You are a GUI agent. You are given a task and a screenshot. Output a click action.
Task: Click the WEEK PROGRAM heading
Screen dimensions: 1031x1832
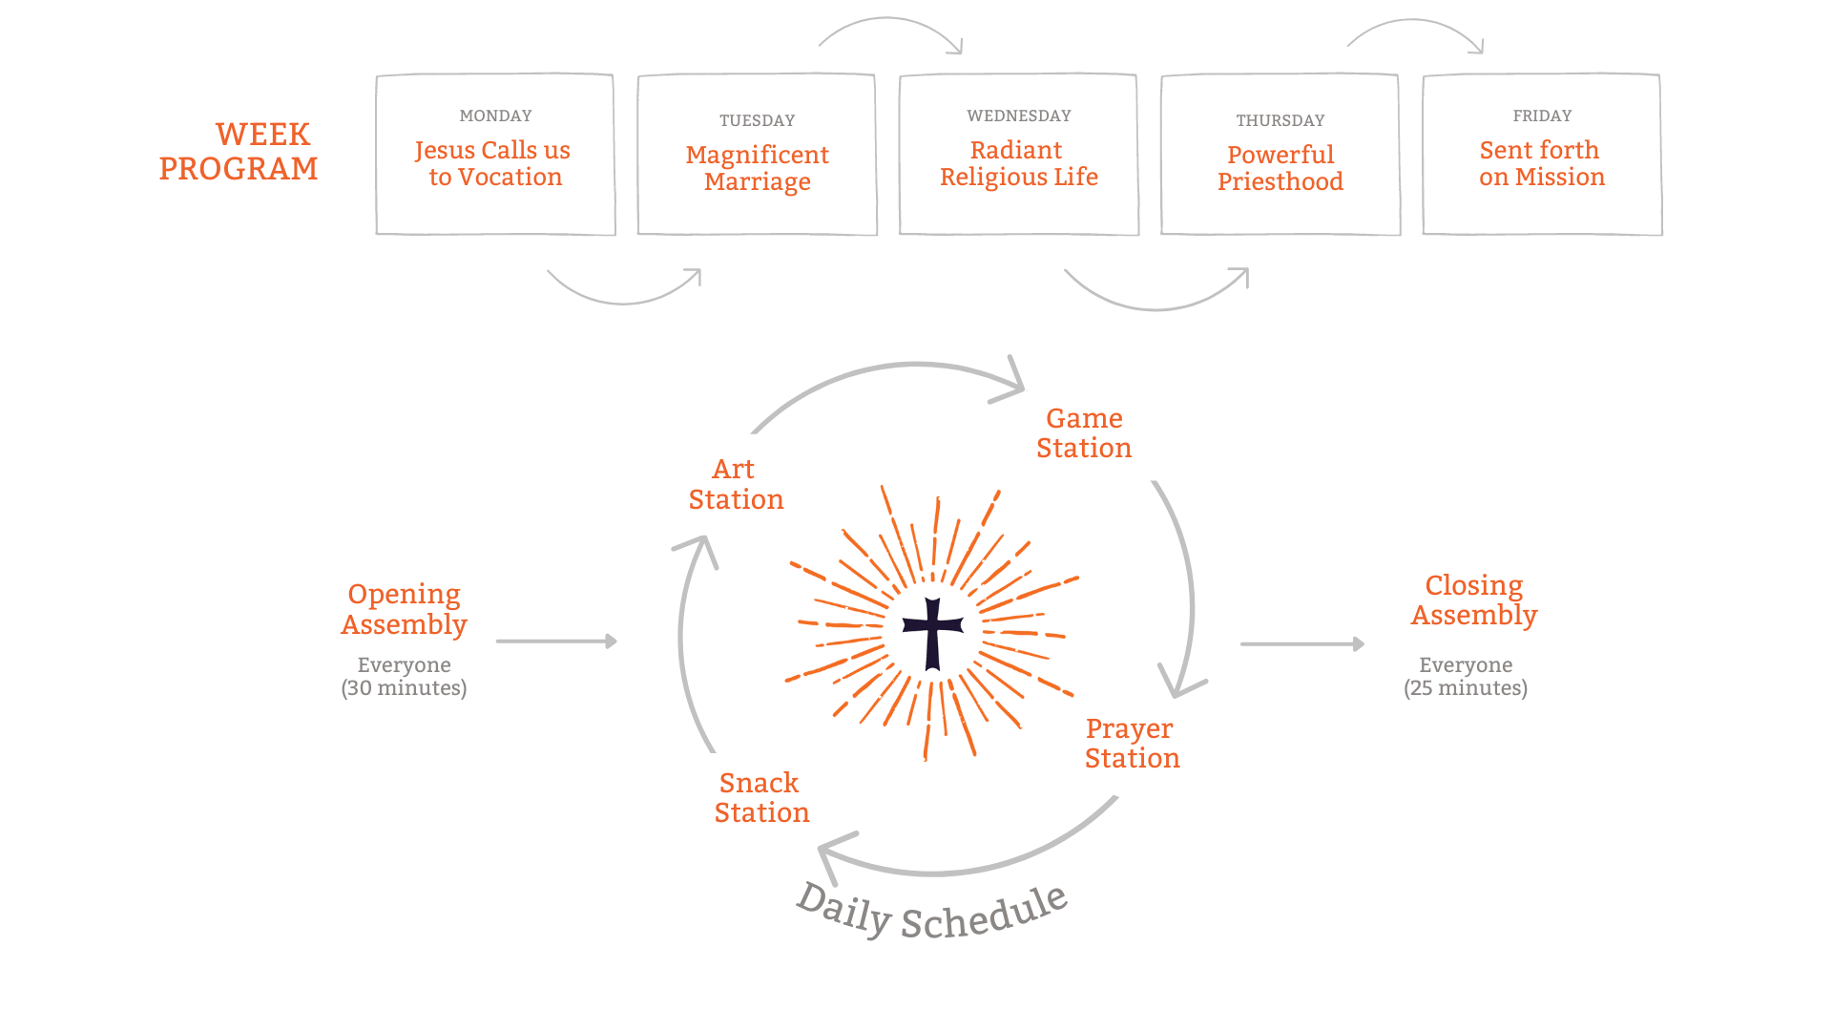[x=239, y=151]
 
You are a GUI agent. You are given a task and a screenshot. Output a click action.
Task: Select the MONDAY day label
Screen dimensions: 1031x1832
[x=495, y=116]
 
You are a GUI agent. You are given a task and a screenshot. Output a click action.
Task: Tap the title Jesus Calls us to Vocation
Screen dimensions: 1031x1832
[x=493, y=163]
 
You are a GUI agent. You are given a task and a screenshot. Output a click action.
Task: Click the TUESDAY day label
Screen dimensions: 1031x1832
[x=757, y=120]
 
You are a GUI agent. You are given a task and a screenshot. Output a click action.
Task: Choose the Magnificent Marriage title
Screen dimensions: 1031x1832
[x=757, y=168]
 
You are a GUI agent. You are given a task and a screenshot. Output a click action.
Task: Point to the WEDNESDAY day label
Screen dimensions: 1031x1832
[x=1018, y=116]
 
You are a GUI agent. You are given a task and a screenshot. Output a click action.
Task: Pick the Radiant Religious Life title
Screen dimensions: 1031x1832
[x=1018, y=163]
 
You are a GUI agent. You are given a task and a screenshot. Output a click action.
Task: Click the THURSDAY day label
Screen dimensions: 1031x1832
[x=1280, y=120]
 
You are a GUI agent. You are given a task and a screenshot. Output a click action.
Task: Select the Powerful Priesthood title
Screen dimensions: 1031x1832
[x=1280, y=168]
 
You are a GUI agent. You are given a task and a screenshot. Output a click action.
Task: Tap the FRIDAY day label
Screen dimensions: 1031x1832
[x=1542, y=116]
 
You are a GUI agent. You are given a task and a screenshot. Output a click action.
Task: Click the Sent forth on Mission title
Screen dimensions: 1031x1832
[x=1541, y=163]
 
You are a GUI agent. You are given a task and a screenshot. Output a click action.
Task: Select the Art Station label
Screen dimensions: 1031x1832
[x=736, y=484]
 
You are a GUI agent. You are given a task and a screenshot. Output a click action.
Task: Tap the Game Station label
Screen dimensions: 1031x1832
[x=1084, y=432]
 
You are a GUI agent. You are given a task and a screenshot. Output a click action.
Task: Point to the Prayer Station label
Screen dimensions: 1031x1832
[x=1132, y=743]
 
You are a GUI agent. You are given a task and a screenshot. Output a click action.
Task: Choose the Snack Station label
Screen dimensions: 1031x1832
[x=761, y=797]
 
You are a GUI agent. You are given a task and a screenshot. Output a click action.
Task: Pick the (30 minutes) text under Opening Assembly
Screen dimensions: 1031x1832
[x=404, y=688]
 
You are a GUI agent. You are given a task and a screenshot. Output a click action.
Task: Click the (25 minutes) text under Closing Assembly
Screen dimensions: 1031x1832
[x=1465, y=688]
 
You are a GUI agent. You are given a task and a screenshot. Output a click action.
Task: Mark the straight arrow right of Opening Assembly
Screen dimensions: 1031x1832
[x=556, y=642]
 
